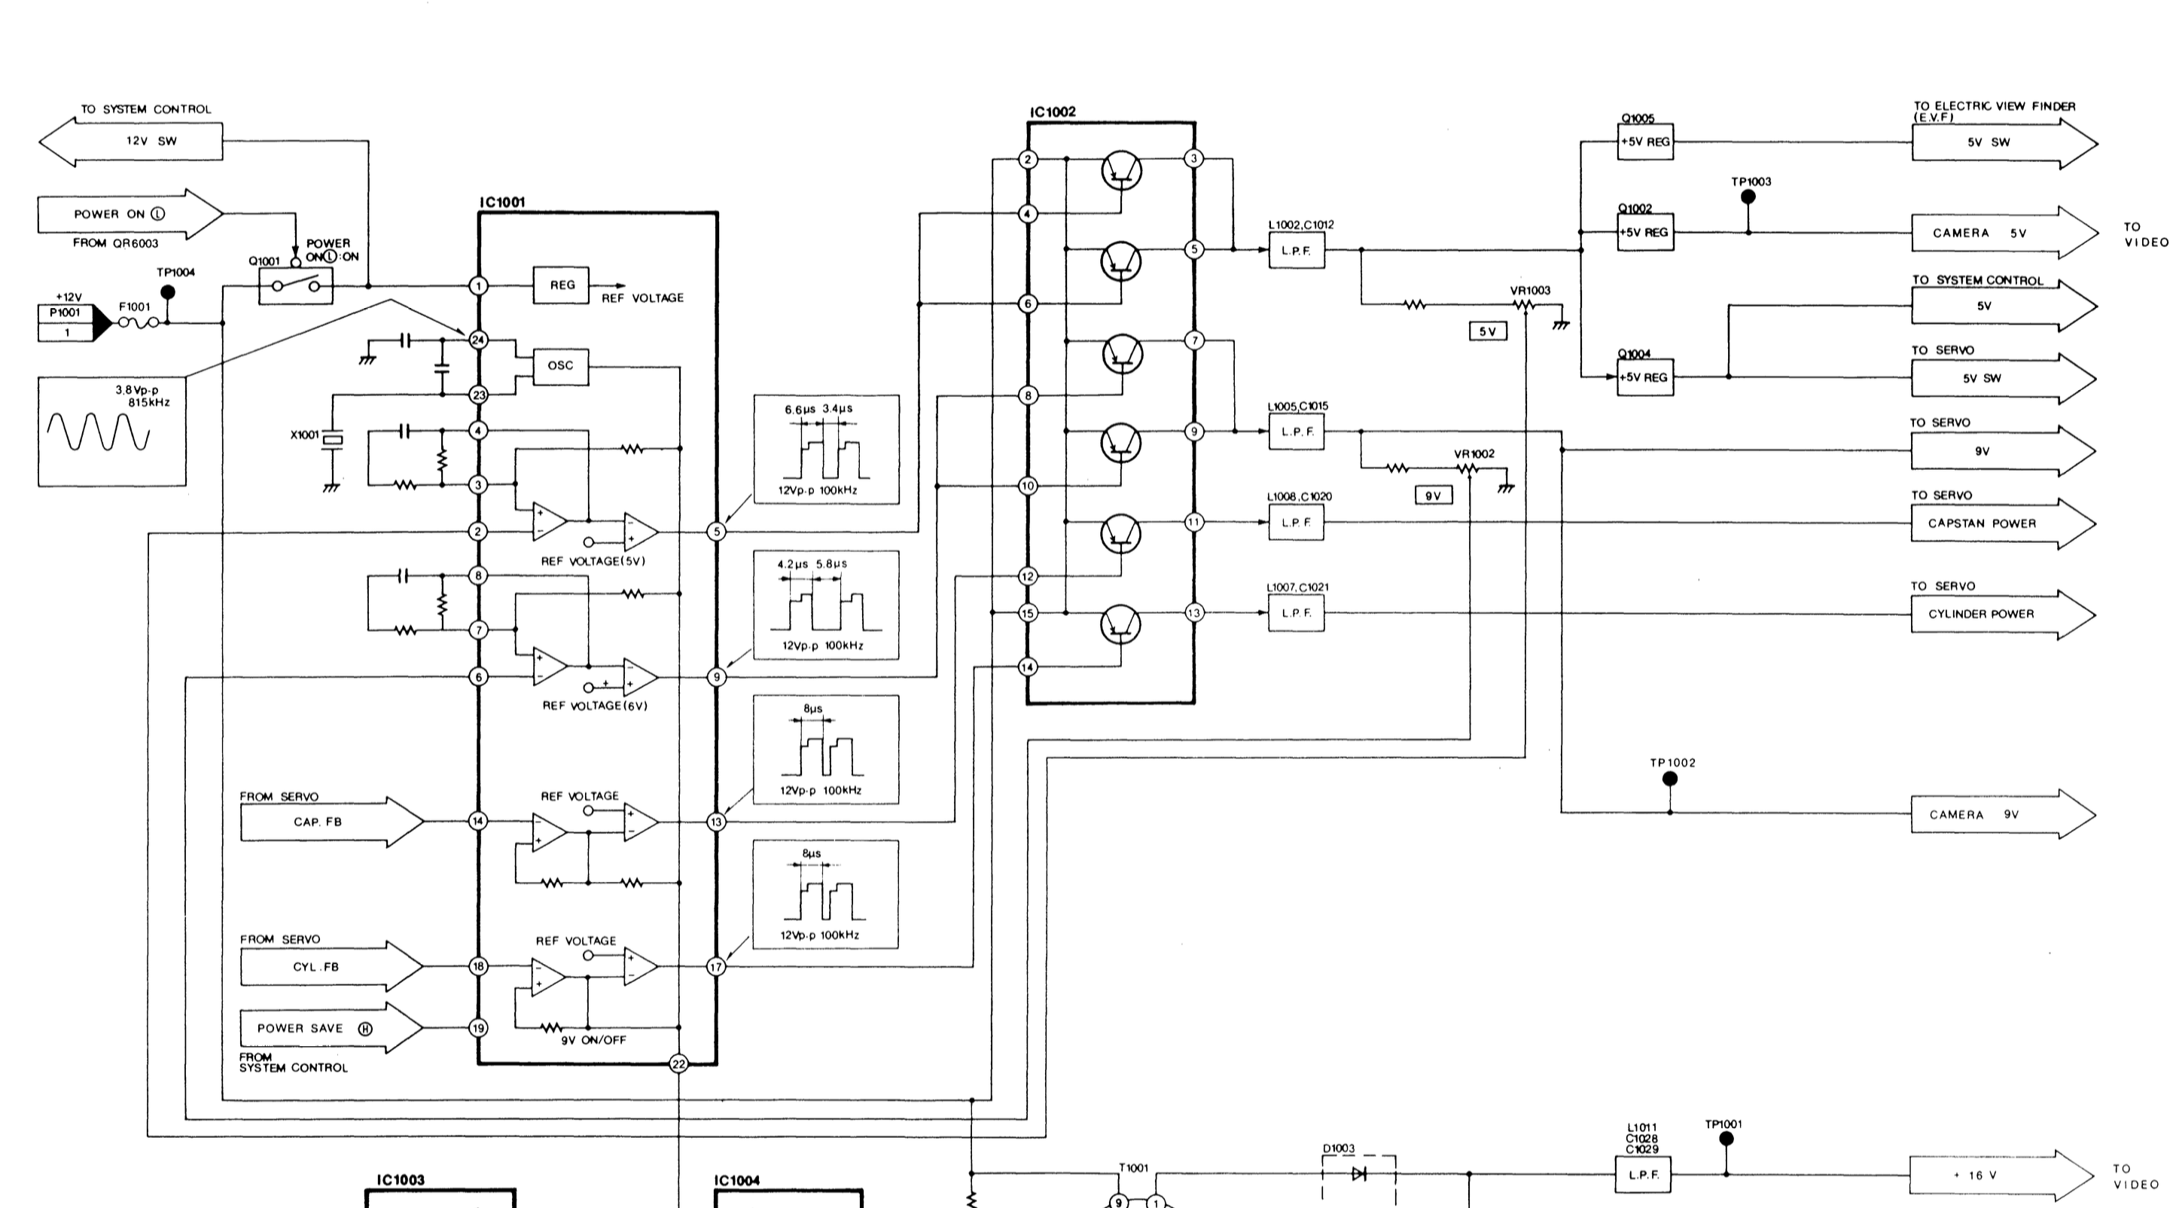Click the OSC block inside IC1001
click(561, 366)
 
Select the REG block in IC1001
click(561, 286)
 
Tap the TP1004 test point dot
click(168, 292)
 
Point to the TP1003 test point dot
click(1748, 197)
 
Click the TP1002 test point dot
click(1669, 779)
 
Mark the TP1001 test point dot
click(1726, 1139)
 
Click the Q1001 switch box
click(295, 286)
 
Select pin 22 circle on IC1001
click(678, 1063)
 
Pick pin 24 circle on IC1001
click(478, 340)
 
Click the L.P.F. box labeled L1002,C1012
click(1297, 250)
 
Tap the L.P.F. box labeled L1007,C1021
click(1297, 613)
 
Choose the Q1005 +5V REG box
click(1645, 142)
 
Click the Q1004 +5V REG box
click(1645, 377)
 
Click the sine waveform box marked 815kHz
click(111, 430)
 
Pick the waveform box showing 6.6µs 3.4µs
click(826, 450)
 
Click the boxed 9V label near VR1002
click(1433, 496)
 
